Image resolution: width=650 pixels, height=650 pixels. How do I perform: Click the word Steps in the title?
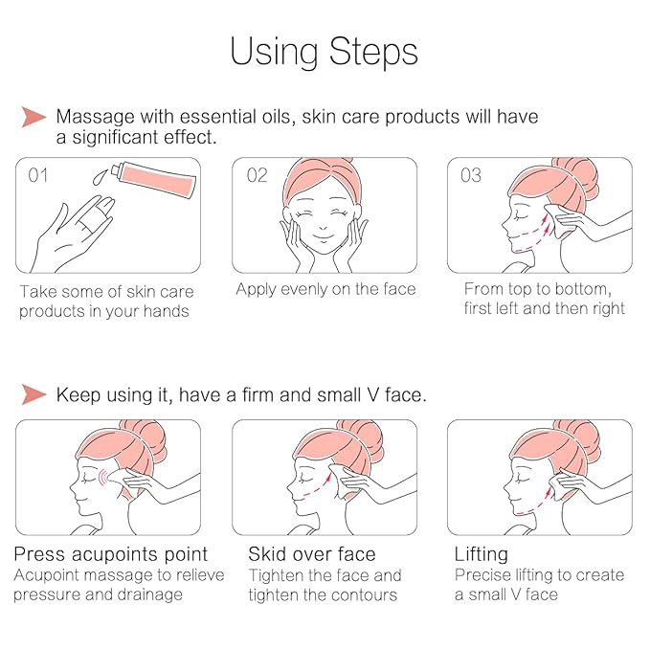373,53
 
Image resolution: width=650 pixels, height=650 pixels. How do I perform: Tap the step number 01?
38,175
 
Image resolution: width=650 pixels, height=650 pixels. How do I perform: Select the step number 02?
257,175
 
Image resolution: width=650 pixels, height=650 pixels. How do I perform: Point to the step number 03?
471,175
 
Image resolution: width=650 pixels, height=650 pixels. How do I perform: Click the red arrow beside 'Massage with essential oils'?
34,117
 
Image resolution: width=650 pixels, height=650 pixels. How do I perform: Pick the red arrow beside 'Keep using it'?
34,393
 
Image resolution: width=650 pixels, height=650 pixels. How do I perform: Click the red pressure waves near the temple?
102,480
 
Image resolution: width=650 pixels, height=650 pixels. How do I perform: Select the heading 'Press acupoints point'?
111,554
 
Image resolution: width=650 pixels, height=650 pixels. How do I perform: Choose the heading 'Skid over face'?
312,554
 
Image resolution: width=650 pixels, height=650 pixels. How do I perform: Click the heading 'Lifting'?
482,555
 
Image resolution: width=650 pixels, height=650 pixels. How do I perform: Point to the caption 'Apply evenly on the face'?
325,289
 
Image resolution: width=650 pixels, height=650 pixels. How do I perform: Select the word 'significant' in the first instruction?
115,138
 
